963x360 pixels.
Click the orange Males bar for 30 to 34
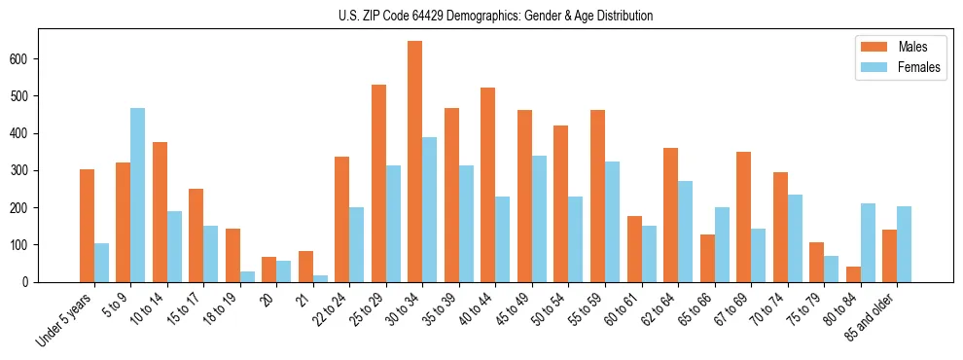pos(415,162)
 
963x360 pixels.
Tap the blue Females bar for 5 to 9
pos(137,195)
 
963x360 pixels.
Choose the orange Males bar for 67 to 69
pos(743,217)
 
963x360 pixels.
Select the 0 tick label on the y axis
pos(30,282)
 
